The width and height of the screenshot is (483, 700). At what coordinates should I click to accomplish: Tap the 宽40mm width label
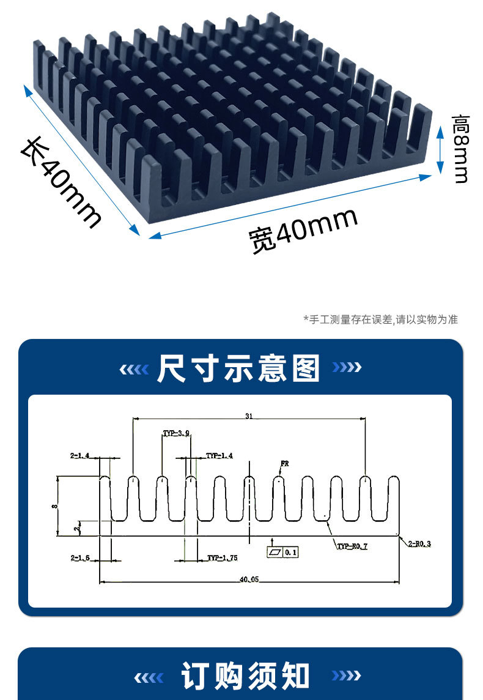pyautogui.click(x=303, y=230)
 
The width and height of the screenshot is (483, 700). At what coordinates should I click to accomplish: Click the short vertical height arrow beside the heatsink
pyautogui.click(x=440, y=149)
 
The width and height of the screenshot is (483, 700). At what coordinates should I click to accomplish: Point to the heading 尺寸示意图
pyautogui.click(x=238, y=368)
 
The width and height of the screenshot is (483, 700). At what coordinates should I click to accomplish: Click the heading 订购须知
pyautogui.click(x=246, y=676)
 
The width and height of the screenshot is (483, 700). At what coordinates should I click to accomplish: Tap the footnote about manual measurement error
pyautogui.click(x=380, y=319)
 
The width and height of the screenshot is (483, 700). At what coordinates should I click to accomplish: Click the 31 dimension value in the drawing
pyautogui.click(x=249, y=416)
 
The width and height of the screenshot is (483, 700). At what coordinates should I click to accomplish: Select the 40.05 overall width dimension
pyautogui.click(x=250, y=579)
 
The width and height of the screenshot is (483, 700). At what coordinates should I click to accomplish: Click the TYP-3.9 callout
pyautogui.click(x=176, y=433)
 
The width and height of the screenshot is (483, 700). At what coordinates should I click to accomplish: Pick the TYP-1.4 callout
pyautogui.click(x=219, y=456)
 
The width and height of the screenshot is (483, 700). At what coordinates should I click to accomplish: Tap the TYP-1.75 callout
pyautogui.click(x=222, y=558)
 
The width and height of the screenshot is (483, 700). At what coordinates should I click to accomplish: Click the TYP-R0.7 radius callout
pyautogui.click(x=352, y=546)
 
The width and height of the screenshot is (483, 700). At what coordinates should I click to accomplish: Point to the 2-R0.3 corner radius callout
pyautogui.click(x=419, y=543)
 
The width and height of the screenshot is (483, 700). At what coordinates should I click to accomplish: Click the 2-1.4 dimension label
pyautogui.click(x=80, y=456)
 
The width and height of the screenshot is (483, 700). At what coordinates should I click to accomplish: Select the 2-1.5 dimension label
pyautogui.click(x=80, y=558)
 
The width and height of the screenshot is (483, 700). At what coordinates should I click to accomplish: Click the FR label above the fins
pyautogui.click(x=284, y=464)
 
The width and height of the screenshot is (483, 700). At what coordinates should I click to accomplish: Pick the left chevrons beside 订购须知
pyautogui.click(x=149, y=677)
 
